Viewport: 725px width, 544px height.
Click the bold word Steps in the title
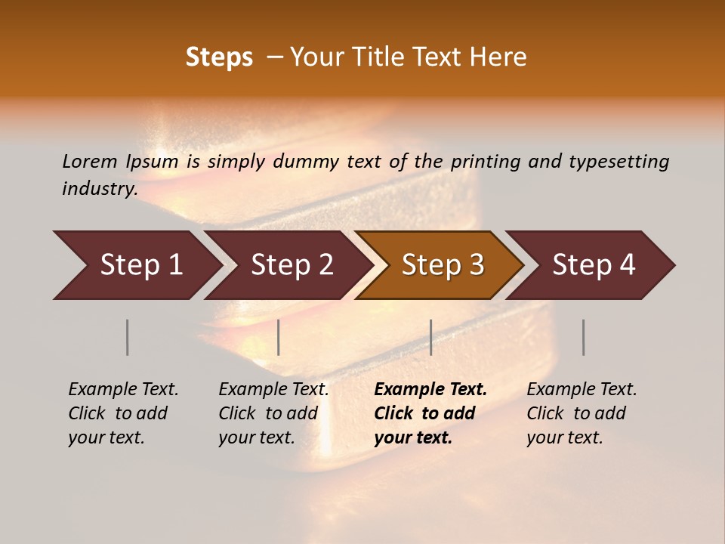219,57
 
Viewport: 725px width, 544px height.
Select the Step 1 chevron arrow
136,264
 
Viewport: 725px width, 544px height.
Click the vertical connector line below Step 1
127,337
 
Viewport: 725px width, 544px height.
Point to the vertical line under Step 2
279,337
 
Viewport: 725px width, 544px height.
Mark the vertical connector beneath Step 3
430,337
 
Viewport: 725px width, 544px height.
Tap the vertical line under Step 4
583,337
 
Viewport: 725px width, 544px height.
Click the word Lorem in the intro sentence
90,161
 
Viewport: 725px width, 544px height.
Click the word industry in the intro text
99,188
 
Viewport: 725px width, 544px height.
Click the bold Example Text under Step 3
430,389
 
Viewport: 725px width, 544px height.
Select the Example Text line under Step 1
123,389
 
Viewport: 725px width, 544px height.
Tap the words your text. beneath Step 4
564,437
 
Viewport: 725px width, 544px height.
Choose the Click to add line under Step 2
268,413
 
